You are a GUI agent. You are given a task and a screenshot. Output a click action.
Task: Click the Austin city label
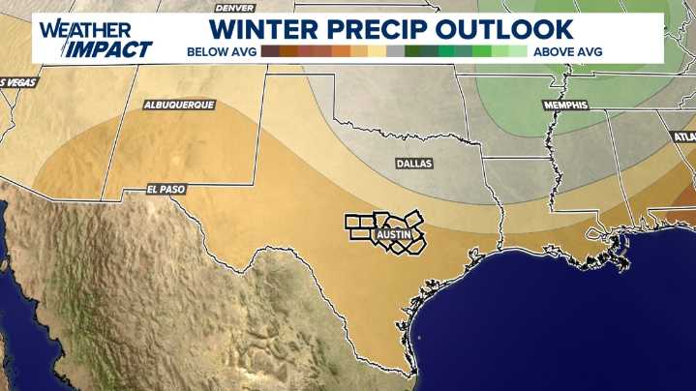[394, 234]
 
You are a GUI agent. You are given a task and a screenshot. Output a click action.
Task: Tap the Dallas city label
[413, 165]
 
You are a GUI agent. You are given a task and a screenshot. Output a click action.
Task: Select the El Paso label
[166, 189]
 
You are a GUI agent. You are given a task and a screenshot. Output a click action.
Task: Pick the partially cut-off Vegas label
[16, 82]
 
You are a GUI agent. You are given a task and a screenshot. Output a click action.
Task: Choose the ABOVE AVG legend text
[567, 51]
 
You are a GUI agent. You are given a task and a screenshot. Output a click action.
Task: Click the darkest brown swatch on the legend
[270, 51]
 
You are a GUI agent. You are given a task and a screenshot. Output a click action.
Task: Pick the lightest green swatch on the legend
[518, 51]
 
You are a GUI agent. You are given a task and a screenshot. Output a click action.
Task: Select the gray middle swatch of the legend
[394, 51]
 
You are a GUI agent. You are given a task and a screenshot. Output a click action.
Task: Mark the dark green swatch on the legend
[412, 51]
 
